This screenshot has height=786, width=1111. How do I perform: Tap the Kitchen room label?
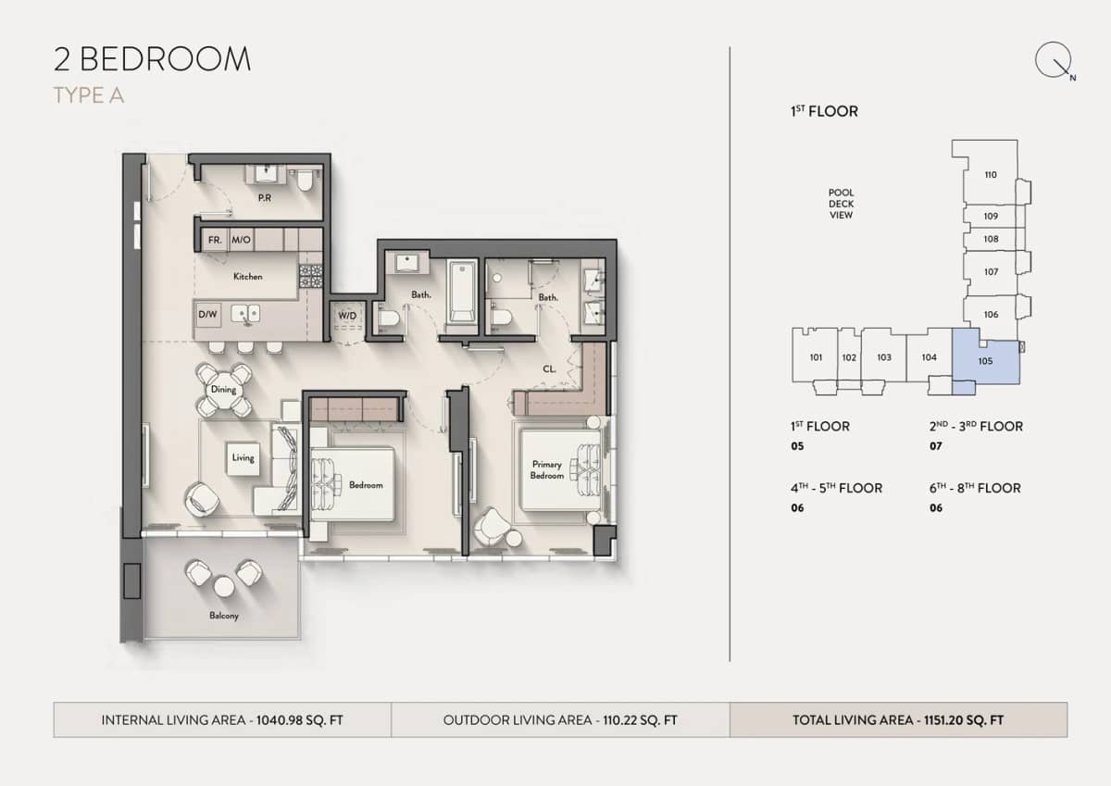click(247, 276)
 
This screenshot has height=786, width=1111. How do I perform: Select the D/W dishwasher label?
click(207, 315)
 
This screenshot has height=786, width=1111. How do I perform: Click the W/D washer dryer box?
click(347, 316)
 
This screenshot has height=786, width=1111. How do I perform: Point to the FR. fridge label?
click(215, 240)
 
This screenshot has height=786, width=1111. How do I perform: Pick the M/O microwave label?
click(241, 240)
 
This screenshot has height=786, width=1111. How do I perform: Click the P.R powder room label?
click(264, 197)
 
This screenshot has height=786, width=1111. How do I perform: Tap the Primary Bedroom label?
click(546, 469)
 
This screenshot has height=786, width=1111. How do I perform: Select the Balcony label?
click(223, 616)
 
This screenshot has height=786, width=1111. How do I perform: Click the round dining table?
click(223, 390)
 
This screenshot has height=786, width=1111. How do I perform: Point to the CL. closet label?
click(549, 368)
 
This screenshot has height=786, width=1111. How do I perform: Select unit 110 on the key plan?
click(990, 174)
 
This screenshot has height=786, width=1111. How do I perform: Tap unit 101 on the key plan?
click(816, 356)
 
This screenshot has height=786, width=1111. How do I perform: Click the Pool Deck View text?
click(841, 204)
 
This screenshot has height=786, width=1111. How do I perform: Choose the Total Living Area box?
click(898, 719)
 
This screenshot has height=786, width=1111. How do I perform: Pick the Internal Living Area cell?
click(222, 719)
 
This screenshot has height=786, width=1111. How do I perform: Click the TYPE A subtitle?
click(89, 95)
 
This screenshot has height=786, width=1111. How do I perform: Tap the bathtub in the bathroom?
click(461, 292)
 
